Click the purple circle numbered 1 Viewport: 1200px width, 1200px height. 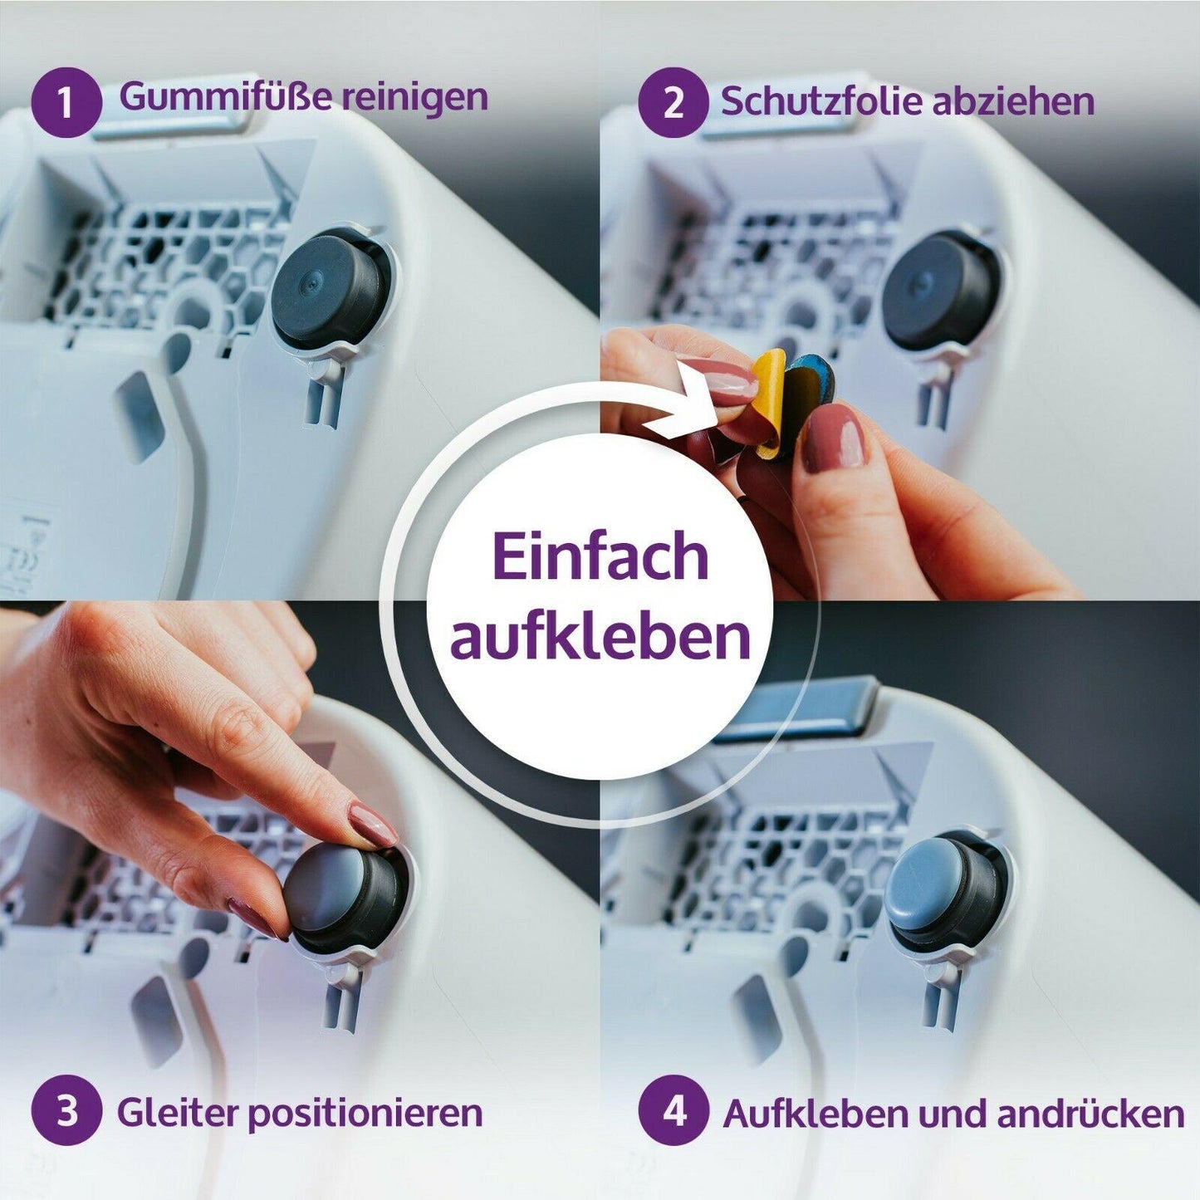66,102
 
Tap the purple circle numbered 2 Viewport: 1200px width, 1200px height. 673,102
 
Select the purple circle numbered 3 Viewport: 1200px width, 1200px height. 66,1110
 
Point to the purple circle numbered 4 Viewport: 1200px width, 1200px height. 673,1110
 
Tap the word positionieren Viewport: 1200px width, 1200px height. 365,1113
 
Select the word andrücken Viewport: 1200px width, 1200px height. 1090,1113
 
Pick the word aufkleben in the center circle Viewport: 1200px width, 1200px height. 600,635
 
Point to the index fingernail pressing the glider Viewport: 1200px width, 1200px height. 374,824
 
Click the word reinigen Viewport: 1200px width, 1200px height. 415,98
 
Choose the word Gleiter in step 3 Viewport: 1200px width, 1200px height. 177,1111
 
